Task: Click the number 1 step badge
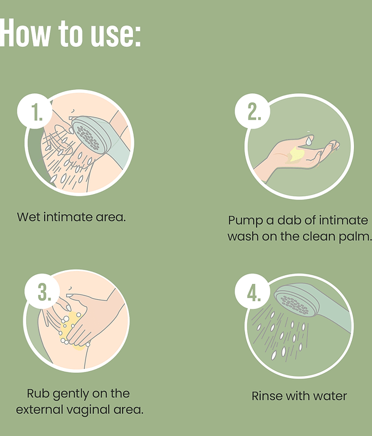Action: coord(35,111)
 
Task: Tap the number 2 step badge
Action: coord(252,111)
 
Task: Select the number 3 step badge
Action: coord(42,292)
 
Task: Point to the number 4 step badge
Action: coord(252,292)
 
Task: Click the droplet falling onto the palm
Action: coord(309,142)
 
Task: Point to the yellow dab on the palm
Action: coord(295,154)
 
